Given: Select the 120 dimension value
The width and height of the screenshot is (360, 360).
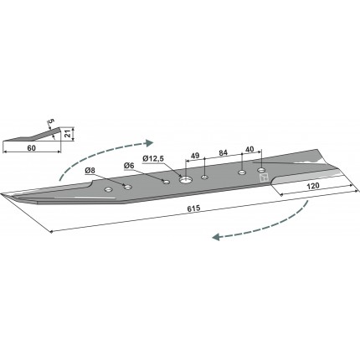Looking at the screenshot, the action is tap(314, 186).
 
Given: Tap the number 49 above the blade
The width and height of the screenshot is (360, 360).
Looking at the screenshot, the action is tap(195, 156).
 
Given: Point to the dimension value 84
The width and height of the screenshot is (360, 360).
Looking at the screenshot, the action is tap(223, 152).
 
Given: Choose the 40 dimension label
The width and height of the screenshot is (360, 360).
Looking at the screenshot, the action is tap(249, 149).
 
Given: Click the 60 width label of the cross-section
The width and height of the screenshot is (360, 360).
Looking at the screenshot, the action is tap(32, 147).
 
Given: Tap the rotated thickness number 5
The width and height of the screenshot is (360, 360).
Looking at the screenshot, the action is tap(51, 121).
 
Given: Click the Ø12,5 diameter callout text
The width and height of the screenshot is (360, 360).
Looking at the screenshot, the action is tap(152, 159).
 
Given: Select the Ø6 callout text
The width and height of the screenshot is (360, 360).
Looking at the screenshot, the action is tap(129, 166).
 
